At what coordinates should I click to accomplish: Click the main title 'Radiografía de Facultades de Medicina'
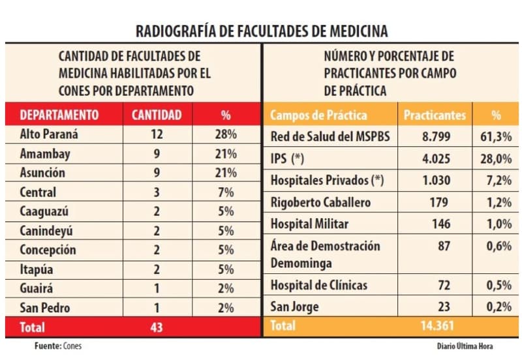(261, 31)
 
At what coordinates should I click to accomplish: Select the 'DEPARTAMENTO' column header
(59, 115)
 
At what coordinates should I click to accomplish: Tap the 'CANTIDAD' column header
(157, 115)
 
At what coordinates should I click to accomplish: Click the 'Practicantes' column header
(435, 115)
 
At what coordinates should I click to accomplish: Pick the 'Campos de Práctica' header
(318, 115)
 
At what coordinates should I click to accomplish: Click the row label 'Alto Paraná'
(50, 135)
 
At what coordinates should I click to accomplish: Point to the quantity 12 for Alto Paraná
(157, 135)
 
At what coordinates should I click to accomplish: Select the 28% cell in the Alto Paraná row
(226, 135)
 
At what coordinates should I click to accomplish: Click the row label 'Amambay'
(45, 155)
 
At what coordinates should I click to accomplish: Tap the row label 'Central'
(38, 192)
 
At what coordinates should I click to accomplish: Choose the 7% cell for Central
(226, 192)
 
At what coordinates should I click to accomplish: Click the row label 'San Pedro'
(44, 308)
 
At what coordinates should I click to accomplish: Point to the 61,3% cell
(496, 137)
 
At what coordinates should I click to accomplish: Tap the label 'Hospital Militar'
(309, 224)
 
